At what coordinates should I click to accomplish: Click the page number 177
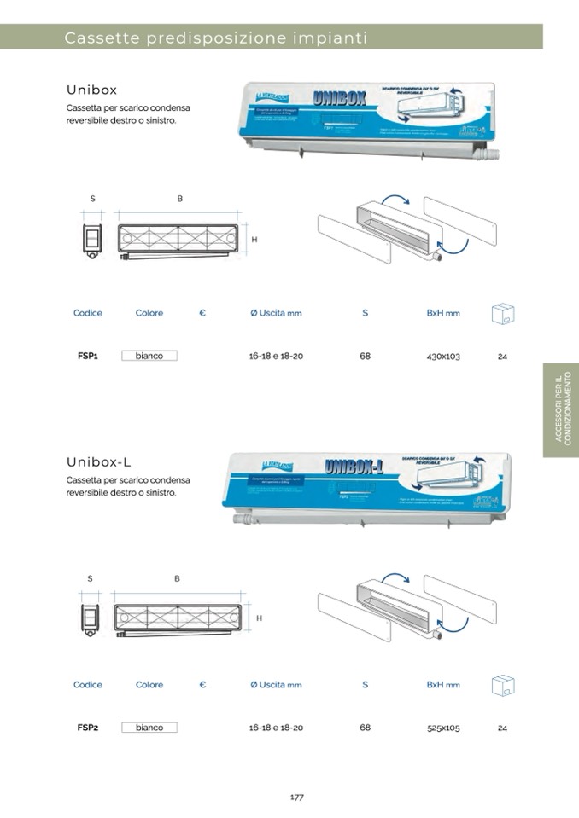click(x=296, y=798)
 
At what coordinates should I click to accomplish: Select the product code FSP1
click(x=88, y=356)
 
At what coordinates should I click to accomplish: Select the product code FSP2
click(x=88, y=728)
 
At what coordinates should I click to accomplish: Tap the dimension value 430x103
click(x=442, y=356)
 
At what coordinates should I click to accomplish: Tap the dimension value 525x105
click(x=442, y=728)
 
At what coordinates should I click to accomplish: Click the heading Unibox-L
click(x=98, y=462)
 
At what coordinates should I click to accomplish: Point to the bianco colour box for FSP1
click(x=149, y=356)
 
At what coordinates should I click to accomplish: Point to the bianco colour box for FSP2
click(x=149, y=728)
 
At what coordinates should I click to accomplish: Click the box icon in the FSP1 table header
click(x=502, y=313)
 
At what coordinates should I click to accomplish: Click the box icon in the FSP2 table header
click(x=502, y=685)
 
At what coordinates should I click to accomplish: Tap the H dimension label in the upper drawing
click(x=254, y=240)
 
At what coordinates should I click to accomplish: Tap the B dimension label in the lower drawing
click(x=178, y=579)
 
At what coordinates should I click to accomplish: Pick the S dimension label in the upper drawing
click(x=92, y=199)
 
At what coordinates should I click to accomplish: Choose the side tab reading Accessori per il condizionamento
click(x=560, y=410)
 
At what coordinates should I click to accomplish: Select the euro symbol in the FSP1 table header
click(x=202, y=313)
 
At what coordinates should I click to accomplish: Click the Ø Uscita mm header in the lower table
click(x=276, y=685)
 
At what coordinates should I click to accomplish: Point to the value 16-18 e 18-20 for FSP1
click(x=276, y=356)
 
